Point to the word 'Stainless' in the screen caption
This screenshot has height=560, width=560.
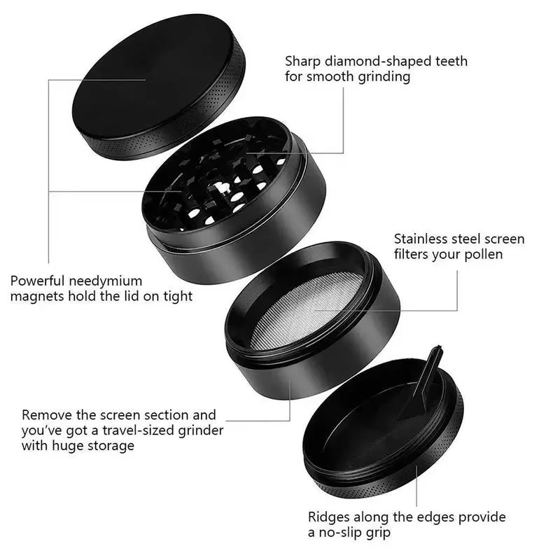[423, 239]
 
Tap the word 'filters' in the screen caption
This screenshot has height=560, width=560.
[416, 255]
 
